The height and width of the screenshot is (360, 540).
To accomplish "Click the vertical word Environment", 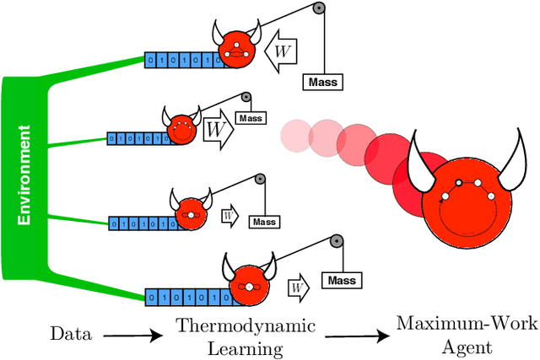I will point(26,175).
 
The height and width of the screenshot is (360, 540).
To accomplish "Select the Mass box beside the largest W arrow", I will point(250,118).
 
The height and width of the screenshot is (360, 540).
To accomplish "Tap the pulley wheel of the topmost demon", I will point(317,9).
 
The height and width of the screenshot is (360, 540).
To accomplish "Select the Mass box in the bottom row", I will point(341,280).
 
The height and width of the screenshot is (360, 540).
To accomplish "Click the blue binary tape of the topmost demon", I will point(180,61).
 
